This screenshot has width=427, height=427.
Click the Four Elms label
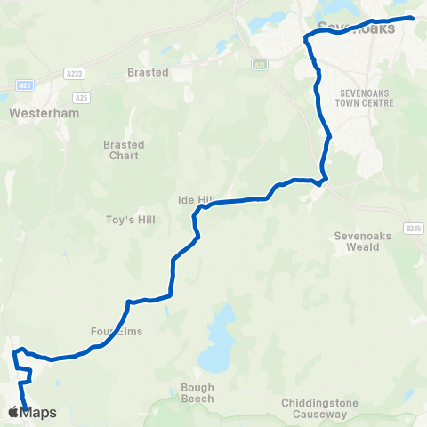(x=117, y=331)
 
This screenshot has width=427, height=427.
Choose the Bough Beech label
(x=197, y=393)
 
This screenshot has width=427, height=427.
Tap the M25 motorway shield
(x=25, y=85)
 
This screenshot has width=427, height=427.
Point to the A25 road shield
(x=82, y=97)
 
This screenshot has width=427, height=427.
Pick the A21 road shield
(x=259, y=64)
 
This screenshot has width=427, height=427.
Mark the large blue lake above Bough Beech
(x=217, y=347)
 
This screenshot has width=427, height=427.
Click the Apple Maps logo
(x=31, y=412)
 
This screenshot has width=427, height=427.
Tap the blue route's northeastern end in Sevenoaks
(x=412, y=17)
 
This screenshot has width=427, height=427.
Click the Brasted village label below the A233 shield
(x=148, y=72)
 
